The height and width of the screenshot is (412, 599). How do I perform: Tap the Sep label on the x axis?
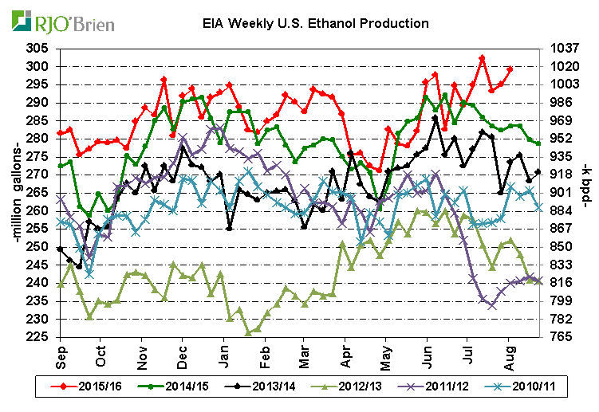coord(61,352)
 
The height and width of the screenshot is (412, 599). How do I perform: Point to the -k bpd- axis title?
coord(588,193)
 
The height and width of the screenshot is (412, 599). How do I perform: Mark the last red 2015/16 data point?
coord(510,69)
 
